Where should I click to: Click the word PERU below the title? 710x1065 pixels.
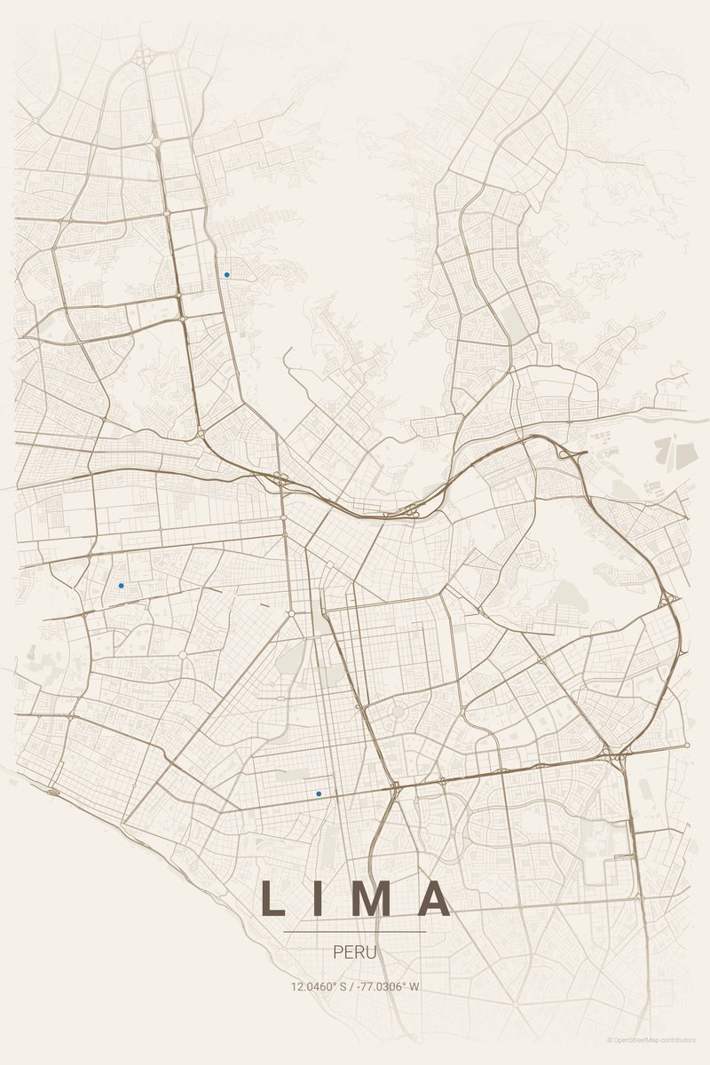point(355,952)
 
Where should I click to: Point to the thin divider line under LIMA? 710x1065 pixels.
point(355,932)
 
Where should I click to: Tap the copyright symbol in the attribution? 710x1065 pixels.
point(610,1039)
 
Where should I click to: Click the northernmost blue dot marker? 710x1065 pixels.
point(227,275)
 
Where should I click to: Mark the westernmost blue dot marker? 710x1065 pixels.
point(121,586)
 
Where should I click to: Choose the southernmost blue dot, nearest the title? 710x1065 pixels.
point(319,793)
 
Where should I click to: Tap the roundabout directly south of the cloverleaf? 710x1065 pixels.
point(156,141)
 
